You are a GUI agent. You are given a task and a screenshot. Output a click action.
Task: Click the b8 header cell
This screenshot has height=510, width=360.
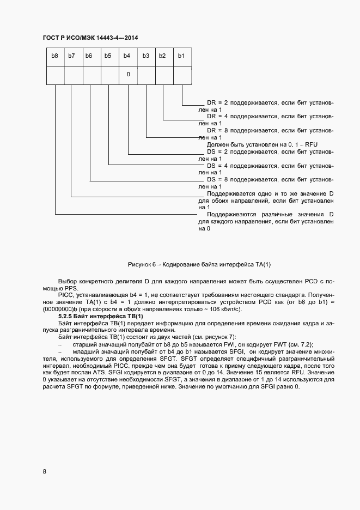click(x=55, y=56)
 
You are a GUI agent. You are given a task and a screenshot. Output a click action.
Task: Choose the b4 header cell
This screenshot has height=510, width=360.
click(x=128, y=56)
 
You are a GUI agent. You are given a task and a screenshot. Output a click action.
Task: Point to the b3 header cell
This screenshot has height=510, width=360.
click(x=146, y=56)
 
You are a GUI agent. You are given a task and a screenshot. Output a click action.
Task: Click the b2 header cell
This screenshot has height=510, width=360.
click(x=163, y=56)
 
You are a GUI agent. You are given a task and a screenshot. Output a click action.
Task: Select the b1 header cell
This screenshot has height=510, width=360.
click(x=182, y=56)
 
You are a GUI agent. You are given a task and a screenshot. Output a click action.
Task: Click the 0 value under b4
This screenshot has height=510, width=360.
click(x=128, y=75)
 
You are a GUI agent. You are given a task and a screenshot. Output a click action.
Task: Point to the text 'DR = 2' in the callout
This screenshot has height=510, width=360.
click(x=218, y=102)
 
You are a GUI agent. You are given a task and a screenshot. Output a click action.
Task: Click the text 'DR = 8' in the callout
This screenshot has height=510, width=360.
click(x=218, y=131)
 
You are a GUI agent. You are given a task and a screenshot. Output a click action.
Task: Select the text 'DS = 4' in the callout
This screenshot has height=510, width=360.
click(x=218, y=165)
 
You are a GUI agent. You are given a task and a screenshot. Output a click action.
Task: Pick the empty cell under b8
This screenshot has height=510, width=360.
click(x=55, y=75)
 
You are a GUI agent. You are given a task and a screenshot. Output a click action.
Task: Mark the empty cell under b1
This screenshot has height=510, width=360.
click(x=182, y=75)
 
